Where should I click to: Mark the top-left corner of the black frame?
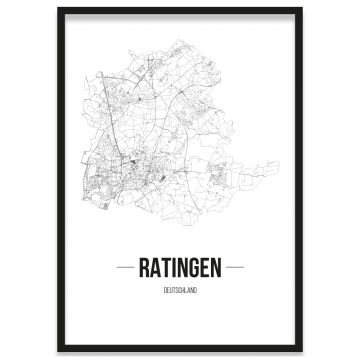click(58, 9)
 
